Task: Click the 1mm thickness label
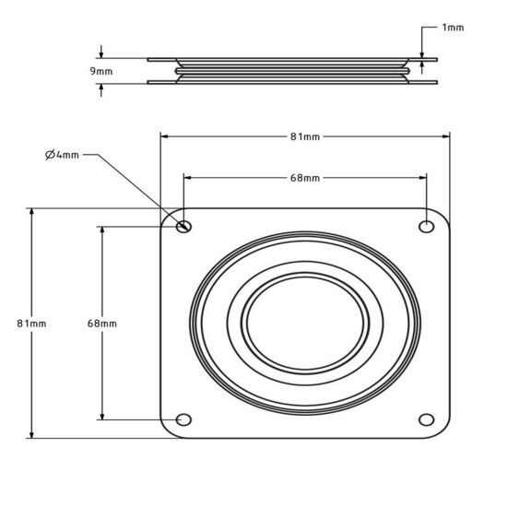click(454, 28)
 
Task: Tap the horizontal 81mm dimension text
click(305, 136)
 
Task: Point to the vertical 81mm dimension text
click(31, 324)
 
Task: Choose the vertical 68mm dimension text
click(101, 324)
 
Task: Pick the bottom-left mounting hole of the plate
click(183, 420)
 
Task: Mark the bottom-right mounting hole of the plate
click(427, 420)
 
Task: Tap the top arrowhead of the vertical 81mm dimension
click(31, 212)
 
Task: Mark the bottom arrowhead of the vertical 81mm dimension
click(31, 435)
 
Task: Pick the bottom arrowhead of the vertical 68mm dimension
click(101, 417)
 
